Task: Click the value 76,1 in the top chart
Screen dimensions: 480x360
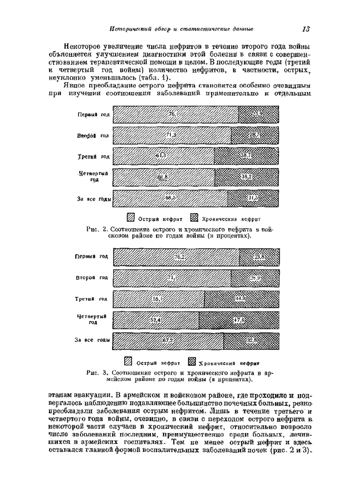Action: pos(172,115)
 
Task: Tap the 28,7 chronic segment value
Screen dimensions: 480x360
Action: pos(254,135)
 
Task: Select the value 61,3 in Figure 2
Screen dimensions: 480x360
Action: pos(161,156)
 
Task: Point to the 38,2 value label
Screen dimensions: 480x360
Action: pos(246,177)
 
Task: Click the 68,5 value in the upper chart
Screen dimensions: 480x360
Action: pos(170,198)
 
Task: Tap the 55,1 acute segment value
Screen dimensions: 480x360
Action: pos(158,299)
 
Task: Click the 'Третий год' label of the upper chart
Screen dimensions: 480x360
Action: pos(94,157)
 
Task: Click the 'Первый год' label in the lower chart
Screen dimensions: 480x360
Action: pos(91,256)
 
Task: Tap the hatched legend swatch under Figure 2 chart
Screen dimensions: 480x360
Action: pos(130,218)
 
